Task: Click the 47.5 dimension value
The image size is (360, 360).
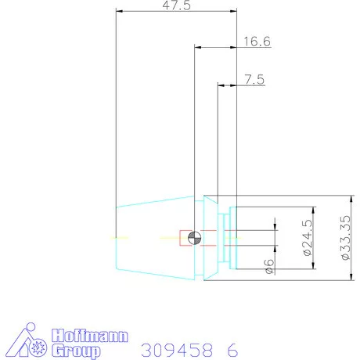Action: click(x=175, y=5)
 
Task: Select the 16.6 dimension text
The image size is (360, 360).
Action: click(x=257, y=42)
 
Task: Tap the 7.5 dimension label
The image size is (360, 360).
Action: click(x=254, y=79)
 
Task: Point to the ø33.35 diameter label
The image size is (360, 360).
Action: click(x=344, y=239)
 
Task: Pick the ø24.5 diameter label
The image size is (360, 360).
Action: click(x=307, y=239)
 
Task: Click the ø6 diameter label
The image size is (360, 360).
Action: click(x=268, y=266)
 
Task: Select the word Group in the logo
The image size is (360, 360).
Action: click(x=76, y=351)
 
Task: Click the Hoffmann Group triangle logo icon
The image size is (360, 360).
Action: click(x=32, y=342)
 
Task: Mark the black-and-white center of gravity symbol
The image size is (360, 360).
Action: click(x=196, y=237)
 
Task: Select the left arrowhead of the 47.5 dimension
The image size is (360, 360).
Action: click(x=119, y=11)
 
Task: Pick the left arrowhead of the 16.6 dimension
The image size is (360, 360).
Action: click(x=197, y=48)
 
